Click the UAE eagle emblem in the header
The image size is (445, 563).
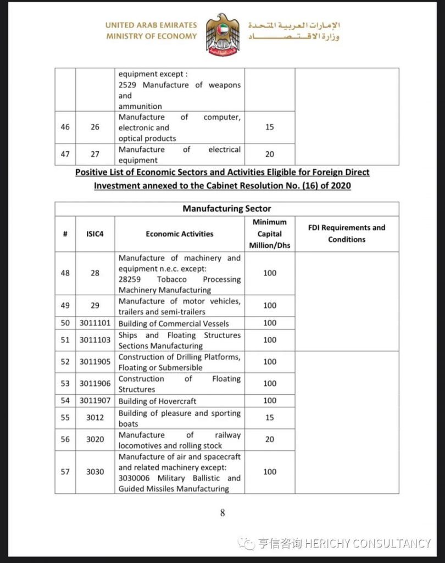(222, 35)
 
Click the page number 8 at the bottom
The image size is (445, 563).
(222, 513)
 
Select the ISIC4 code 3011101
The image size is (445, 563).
(95, 323)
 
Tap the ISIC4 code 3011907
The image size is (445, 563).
(95, 401)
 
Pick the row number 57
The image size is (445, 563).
(65, 472)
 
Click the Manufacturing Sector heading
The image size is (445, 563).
(226, 209)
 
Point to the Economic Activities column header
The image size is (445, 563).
(180, 234)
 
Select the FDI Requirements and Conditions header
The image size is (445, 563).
(347, 234)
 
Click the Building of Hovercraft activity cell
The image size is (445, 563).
(157, 401)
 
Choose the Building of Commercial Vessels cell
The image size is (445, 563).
(174, 324)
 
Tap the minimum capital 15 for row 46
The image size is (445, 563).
(270, 127)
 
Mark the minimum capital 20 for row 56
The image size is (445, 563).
(270, 439)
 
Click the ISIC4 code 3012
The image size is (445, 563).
(95, 418)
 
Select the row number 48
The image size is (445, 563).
(65, 273)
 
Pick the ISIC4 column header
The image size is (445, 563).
(95, 234)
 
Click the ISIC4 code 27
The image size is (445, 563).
(95, 154)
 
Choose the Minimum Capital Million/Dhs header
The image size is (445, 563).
(270, 234)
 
